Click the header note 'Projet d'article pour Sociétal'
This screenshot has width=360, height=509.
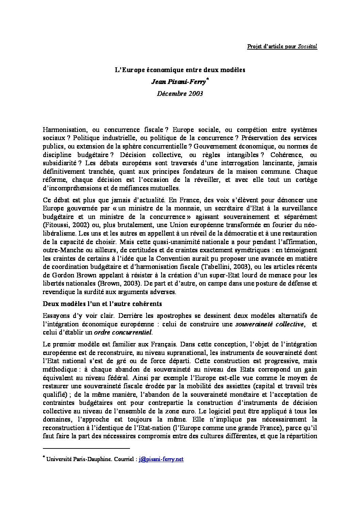tap(282, 47)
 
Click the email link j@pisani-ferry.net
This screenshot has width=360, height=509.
tap(161, 459)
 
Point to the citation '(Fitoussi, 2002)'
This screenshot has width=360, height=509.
tap(63, 225)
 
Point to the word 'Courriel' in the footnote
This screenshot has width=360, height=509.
tap(124, 459)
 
